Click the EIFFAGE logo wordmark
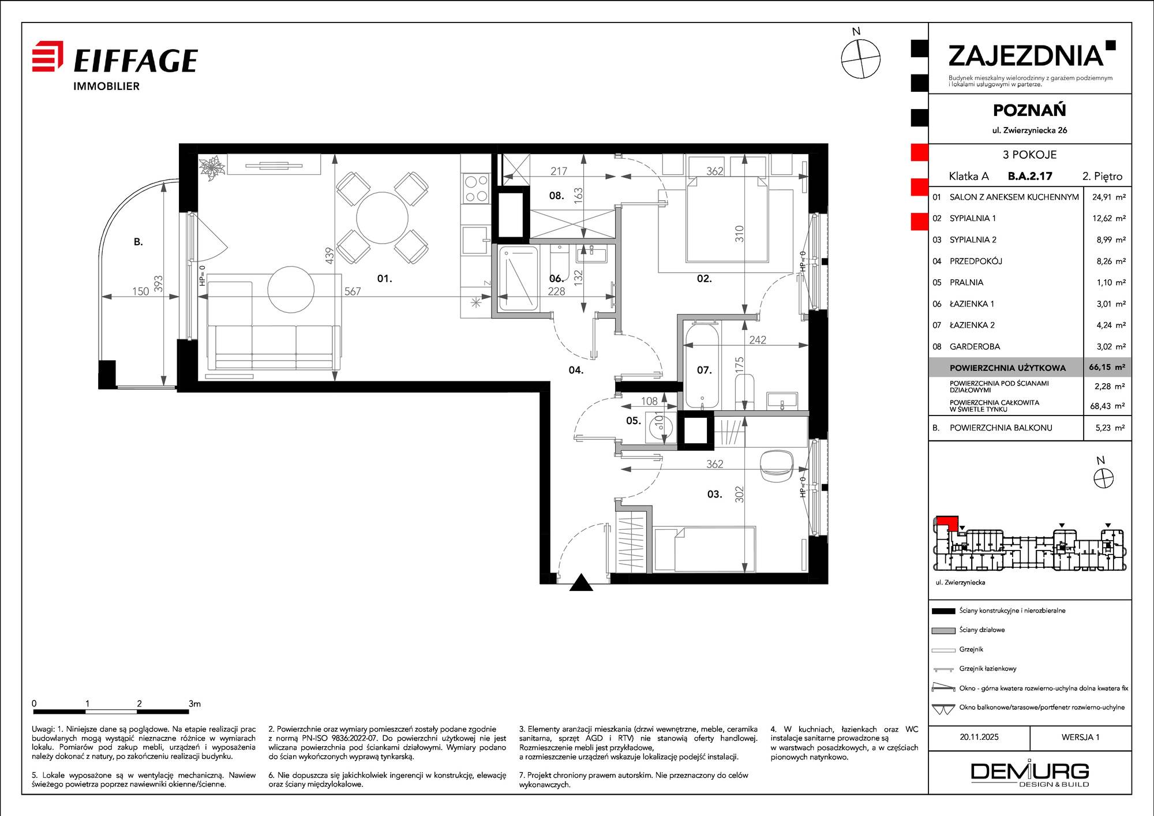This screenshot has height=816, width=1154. (136, 60)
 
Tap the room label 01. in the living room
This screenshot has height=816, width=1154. (384, 279)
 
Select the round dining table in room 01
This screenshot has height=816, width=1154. (383, 218)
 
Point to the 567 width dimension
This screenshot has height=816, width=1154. (353, 291)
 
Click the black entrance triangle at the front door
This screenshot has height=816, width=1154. (581, 582)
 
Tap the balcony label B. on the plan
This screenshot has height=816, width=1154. (138, 242)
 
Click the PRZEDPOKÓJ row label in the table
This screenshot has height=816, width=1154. (976, 261)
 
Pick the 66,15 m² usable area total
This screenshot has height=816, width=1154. (1107, 367)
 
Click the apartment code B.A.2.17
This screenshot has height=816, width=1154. (1030, 176)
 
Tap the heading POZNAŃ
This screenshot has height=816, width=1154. (1029, 110)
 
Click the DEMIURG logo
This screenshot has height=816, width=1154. (1030, 773)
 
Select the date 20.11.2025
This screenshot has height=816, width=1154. (979, 737)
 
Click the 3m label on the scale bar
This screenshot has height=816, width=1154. (194, 703)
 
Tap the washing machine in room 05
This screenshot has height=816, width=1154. (660, 427)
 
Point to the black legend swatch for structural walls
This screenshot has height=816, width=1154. (943, 611)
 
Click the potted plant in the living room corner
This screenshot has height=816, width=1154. (212, 168)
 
